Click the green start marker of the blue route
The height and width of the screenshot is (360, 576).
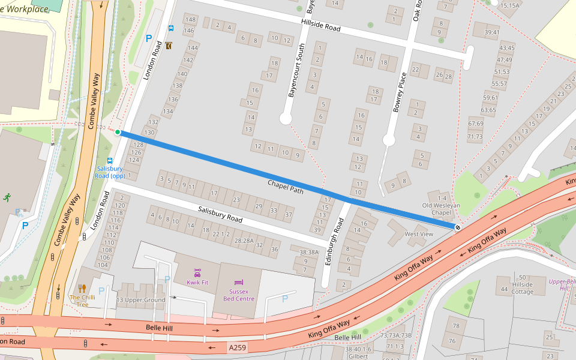[x=118, y=132]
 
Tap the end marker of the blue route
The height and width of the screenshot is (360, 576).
[x=458, y=227]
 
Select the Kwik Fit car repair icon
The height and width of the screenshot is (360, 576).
[x=197, y=273]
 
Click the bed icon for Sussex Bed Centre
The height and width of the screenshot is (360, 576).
[x=239, y=282]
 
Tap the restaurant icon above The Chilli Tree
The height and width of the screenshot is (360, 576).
[x=82, y=289]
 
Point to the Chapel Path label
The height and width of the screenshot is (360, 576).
[x=286, y=187]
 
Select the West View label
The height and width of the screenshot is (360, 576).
[x=419, y=234]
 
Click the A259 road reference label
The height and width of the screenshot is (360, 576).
[x=236, y=347]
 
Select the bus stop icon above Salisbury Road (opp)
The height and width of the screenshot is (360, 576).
[x=110, y=161]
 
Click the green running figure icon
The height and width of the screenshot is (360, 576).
[x=7, y=197]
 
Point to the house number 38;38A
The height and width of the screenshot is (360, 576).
[x=308, y=253]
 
